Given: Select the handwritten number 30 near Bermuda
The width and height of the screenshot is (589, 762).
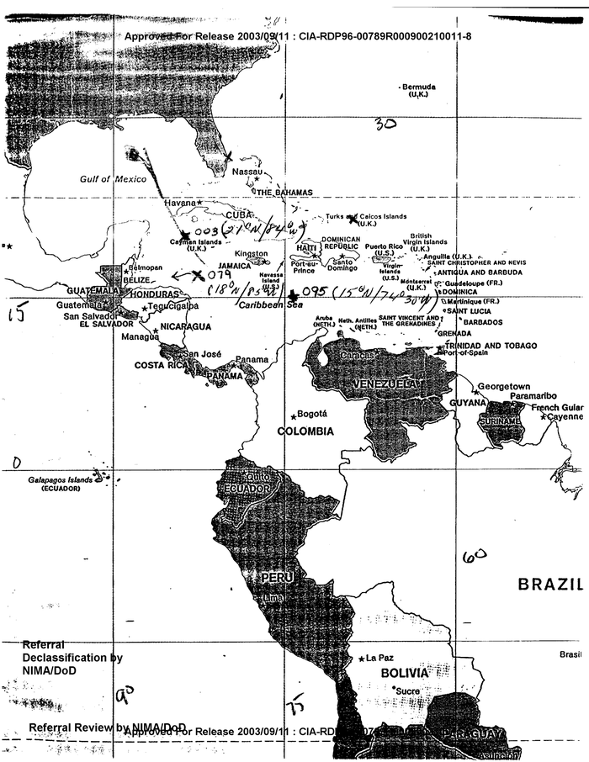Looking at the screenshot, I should click(385, 124).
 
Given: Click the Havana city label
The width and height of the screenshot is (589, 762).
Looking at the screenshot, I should click(179, 203).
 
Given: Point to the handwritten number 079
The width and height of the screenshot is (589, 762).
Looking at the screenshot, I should click(219, 274).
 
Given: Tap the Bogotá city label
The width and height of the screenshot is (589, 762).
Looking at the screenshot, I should click(312, 414).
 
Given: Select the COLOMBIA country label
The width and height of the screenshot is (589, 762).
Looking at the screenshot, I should click(305, 431).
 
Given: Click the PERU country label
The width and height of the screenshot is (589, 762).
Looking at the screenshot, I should click(275, 578).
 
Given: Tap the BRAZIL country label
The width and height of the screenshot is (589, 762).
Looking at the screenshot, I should click(549, 583).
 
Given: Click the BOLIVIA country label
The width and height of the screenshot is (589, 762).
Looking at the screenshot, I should click(405, 674).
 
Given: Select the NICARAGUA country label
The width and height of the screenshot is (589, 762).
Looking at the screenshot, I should click(185, 325).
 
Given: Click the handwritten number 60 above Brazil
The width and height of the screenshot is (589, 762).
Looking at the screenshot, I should click(474, 556).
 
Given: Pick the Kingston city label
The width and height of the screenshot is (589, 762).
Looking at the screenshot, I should click(251, 253).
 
